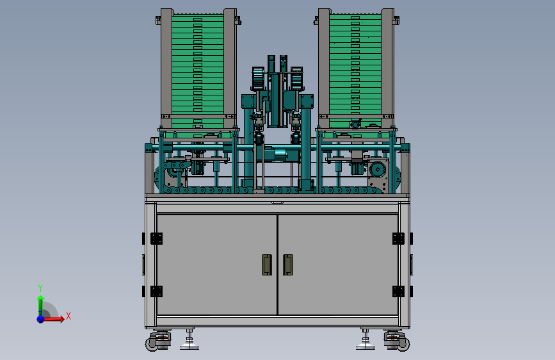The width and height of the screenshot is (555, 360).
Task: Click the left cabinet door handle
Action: (267, 265)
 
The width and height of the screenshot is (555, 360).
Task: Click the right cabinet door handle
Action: (288, 265)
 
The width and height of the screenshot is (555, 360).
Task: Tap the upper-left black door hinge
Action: (156, 238)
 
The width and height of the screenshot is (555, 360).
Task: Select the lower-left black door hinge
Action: (156, 291)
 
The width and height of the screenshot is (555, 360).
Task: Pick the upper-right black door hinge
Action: (398, 238)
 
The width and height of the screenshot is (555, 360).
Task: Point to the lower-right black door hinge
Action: (398, 291)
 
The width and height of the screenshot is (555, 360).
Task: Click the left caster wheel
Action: (152, 344)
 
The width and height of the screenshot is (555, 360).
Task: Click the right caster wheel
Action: (403, 344)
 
